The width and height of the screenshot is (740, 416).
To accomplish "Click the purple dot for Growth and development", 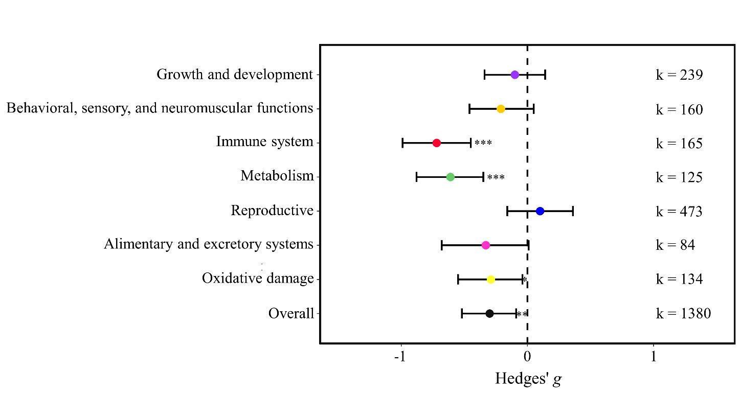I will pos(514,75).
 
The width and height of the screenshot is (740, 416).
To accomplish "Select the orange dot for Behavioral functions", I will pos(501,109).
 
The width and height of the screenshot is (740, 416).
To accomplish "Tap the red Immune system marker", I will pos(436,143).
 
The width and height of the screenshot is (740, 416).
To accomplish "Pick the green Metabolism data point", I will pos(450,177).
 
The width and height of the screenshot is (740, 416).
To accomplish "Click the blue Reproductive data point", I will pos(540,211).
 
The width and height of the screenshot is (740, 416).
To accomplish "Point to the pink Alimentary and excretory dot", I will pos(485,245).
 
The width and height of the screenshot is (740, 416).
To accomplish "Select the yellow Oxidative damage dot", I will pos(490,280).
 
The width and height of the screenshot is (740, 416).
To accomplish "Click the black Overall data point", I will pos(489,314).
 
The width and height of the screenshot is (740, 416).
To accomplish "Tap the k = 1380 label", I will pos(683,313).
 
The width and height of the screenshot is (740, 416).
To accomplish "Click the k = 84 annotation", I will pos(675,245).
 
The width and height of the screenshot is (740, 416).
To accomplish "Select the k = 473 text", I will pos(679,211).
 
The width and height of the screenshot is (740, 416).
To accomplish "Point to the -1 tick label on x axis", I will pos(400,356).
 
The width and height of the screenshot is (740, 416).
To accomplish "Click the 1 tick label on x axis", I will pos(654,356).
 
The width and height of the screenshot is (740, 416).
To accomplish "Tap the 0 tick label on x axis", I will pos(527,356).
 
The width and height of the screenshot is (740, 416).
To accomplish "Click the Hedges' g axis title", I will pos(528,379).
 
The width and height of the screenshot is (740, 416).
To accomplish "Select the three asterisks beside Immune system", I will pos(483,144).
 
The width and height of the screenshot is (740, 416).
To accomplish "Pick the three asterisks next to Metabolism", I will pos(496,178).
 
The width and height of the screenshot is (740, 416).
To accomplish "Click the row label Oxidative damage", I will pos(258,279).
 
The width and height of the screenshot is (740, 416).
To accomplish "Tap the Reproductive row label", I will pos(272,211).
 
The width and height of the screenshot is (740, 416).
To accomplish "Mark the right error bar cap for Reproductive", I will pos(573,211).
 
